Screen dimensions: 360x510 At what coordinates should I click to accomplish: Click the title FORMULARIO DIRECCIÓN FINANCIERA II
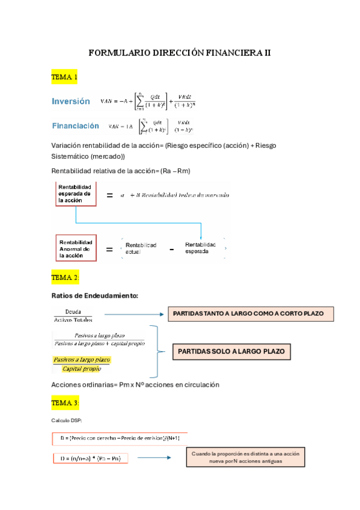[180, 53]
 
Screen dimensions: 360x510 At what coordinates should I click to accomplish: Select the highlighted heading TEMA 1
[65, 78]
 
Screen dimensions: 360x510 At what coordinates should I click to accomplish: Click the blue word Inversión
[71, 102]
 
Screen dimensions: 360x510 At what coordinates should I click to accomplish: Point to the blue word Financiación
[76, 126]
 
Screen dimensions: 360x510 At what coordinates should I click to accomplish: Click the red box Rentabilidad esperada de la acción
[76, 194]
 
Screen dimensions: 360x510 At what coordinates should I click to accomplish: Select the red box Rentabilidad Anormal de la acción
[76, 247]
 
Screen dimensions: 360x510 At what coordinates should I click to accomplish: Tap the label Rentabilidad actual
[141, 248]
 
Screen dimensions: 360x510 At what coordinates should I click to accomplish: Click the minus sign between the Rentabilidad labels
[171, 248]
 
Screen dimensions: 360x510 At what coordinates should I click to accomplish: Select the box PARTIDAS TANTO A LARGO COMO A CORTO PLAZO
[249, 314]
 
